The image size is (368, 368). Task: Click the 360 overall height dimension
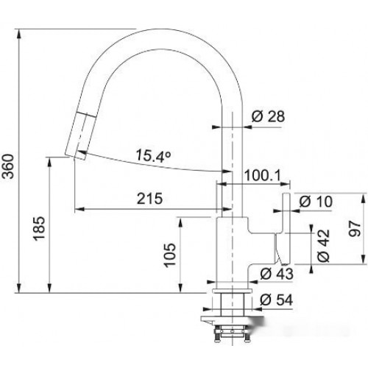click(x=9, y=166)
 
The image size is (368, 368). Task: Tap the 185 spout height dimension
click(x=39, y=229)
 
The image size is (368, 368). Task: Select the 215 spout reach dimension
click(x=149, y=198)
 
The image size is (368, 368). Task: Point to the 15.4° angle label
click(x=153, y=155)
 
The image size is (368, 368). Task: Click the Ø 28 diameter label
click(x=268, y=116)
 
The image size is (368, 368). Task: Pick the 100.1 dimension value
click(x=263, y=175)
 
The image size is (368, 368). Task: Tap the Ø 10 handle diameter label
click(x=316, y=202)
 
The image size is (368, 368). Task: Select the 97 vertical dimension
click(x=355, y=229)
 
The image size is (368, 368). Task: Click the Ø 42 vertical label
click(x=323, y=246)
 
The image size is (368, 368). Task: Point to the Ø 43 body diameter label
click(x=277, y=274)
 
